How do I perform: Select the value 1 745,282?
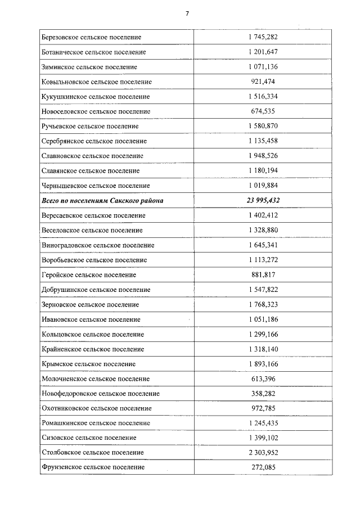263,37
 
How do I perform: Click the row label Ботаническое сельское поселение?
94,52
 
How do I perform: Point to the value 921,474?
263,82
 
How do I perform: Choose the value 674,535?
263,111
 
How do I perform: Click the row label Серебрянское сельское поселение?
94,141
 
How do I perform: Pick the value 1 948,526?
263,156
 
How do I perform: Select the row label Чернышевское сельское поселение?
96,186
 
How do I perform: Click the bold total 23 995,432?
263,200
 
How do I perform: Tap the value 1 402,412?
263,215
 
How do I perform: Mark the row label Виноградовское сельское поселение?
98,245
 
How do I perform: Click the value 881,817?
263,274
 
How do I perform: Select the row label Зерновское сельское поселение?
90,304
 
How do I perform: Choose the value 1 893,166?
263,363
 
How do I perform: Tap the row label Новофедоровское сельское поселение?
101,393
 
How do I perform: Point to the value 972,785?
263,408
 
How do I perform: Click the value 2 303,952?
263,452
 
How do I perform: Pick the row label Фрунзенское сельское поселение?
93,467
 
